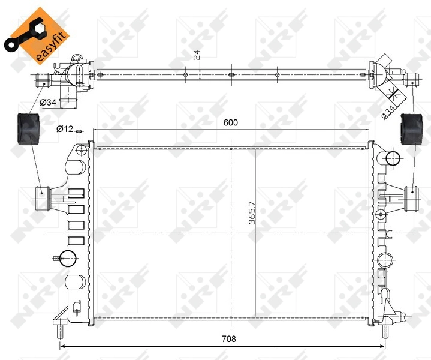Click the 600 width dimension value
(231, 122)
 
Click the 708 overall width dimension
(228, 339)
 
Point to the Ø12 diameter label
(65, 128)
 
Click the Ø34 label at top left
(48, 103)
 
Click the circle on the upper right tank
(392, 158)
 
